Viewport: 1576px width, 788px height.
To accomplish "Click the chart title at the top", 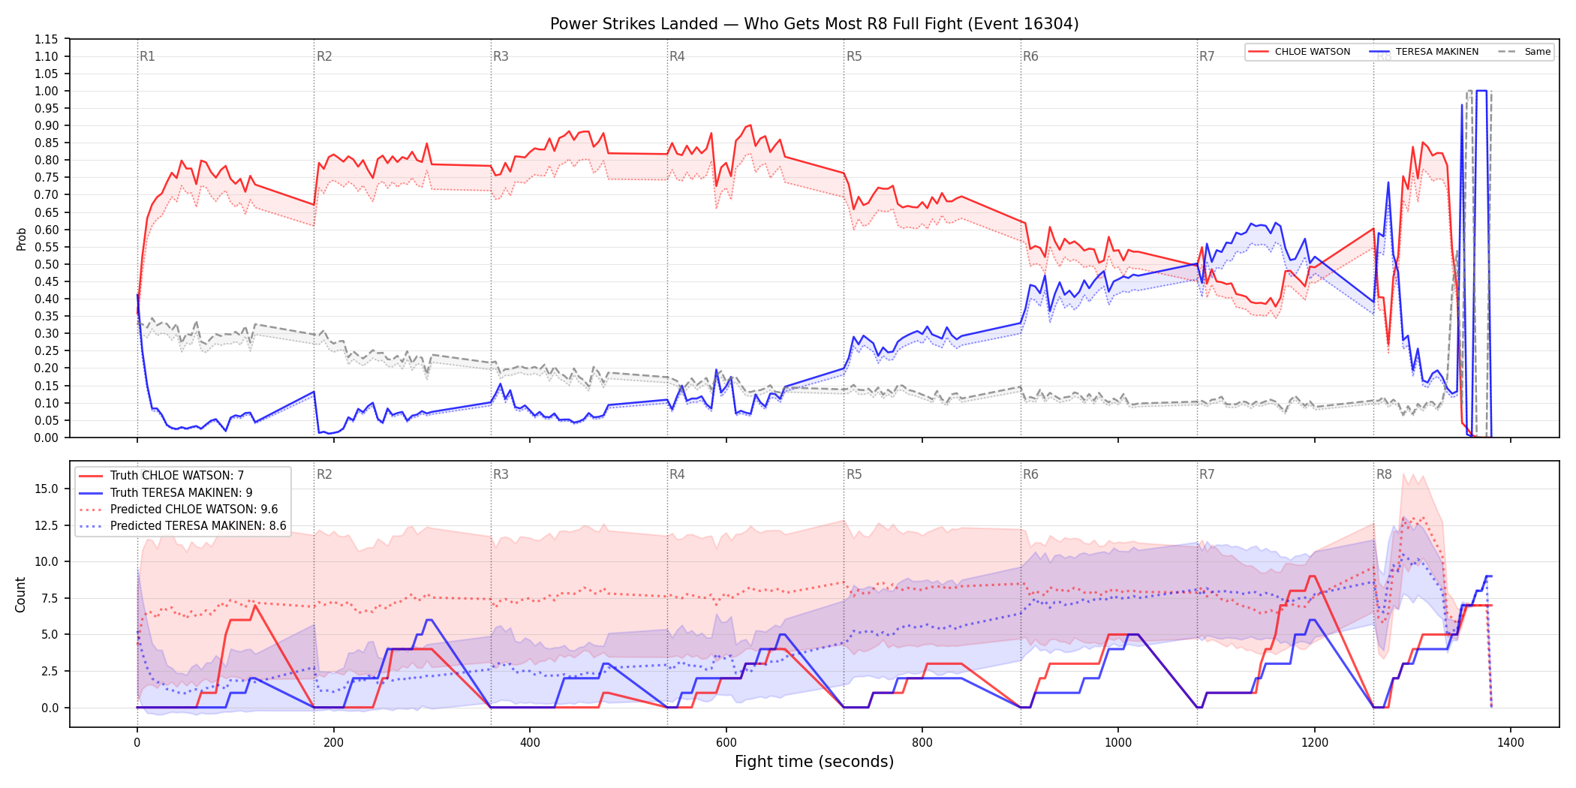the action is [814, 24].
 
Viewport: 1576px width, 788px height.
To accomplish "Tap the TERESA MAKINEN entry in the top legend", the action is [1424, 52].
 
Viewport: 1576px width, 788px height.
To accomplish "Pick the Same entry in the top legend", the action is [1524, 52].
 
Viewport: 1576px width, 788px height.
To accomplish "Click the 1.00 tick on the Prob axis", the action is [47, 91].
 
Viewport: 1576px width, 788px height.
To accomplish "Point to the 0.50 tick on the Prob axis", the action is [47, 264].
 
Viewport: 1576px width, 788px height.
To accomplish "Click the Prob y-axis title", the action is [21, 239].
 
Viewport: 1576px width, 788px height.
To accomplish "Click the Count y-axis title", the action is [20, 594].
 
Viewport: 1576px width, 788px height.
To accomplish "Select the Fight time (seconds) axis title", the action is [814, 762].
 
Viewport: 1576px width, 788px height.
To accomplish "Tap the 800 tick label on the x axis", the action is [922, 743].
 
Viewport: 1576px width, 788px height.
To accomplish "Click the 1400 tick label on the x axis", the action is [1511, 743].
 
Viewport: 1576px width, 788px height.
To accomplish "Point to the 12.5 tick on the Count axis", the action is [47, 525].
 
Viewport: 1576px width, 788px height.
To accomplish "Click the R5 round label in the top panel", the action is [854, 56].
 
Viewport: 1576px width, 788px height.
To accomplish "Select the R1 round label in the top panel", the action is [147, 56].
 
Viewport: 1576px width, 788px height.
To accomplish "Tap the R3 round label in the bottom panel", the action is [501, 474].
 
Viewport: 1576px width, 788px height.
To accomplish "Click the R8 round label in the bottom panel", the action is [1384, 474].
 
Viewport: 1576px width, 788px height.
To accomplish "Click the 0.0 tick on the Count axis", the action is [50, 708].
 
